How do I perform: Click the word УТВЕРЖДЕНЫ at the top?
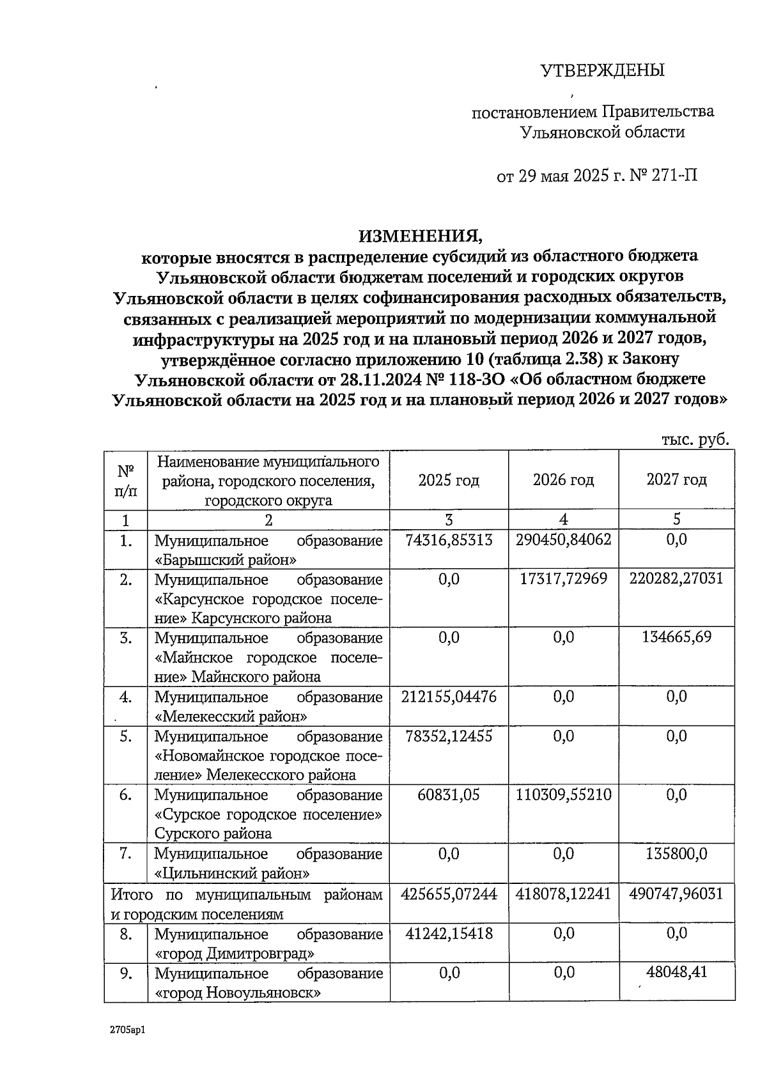pyautogui.click(x=602, y=70)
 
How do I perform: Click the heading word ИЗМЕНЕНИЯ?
pyautogui.click(x=419, y=236)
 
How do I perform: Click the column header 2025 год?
pyautogui.click(x=449, y=479)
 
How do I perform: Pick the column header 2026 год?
pyautogui.click(x=563, y=479)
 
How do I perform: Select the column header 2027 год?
pyautogui.click(x=676, y=479)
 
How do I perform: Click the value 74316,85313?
pyautogui.click(x=449, y=540)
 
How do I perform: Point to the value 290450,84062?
pyautogui.click(x=563, y=540)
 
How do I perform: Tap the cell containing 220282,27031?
pyautogui.click(x=676, y=579)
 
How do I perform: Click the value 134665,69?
pyautogui.click(x=676, y=637)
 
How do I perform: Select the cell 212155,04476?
pyautogui.click(x=449, y=696)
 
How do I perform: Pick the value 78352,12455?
pyautogui.click(x=449, y=736)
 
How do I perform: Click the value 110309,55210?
pyautogui.click(x=563, y=794)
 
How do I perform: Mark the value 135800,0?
pyautogui.click(x=676, y=853)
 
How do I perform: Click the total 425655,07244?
pyautogui.click(x=449, y=894)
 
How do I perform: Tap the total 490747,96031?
pyautogui.click(x=676, y=894)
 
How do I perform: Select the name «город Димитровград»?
pyautogui.click(x=235, y=954)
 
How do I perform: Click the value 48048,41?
pyautogui.click(x=676, y=972)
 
